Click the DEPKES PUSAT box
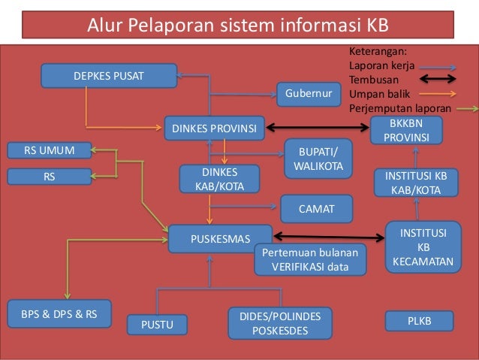109,76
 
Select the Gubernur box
309,95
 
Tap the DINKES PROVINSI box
214,128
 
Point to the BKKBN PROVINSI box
406,130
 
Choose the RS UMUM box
50,150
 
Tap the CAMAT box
316,209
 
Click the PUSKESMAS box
220,240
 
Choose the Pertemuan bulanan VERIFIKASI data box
310,259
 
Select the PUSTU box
157,325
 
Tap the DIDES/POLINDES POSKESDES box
279,323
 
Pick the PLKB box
419,321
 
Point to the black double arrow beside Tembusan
444,78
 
